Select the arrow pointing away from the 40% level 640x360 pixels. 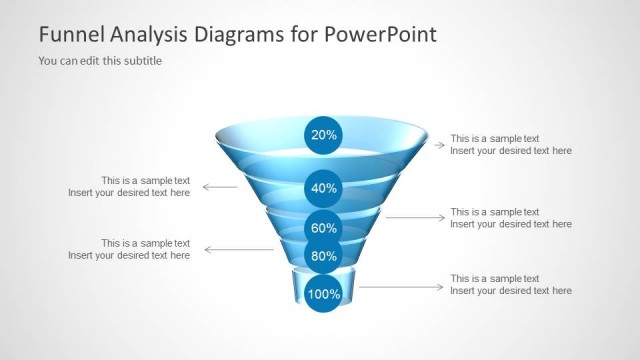pyautogui.click(x=220, y=187)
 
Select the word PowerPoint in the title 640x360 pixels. pyautogui.click(x=381, y=34)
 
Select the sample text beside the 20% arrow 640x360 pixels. pyautogui.click(x=511, y=145)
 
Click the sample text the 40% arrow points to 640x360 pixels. pyautogui.click(x=129, y=187)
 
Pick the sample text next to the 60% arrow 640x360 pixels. pyautogui.click(x=511, y=218)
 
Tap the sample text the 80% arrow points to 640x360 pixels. pyautogui.click(x=129, y=249)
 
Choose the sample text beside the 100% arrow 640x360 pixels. pyautogui.click(x=511, y=285)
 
